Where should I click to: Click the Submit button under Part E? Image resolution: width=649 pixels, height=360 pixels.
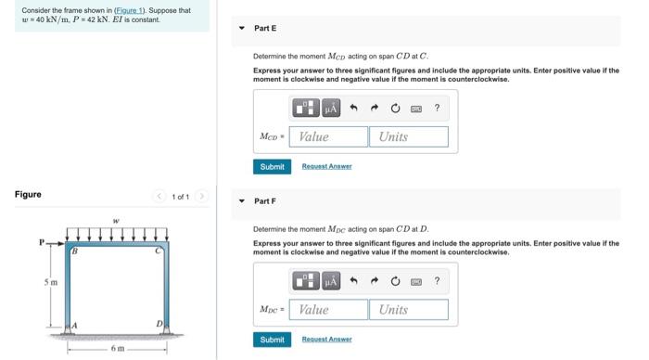(x=272, y=167)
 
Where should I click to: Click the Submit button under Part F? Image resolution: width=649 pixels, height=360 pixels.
(x=272, y=340)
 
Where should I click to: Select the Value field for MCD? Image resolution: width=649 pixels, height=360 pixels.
(x=328, y=136)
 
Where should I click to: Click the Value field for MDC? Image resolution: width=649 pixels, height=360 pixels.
(x=328, y=310)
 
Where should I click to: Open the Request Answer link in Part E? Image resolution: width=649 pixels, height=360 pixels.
(x=326, y=167)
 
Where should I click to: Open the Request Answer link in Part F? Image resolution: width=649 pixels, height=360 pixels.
(x=326, y=340)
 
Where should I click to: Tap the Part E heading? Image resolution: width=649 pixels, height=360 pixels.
(x=265, y=29)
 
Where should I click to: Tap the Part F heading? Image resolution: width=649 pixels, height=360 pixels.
(x=265, y=201)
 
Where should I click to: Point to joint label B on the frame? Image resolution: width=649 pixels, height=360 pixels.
(x=75, y=251)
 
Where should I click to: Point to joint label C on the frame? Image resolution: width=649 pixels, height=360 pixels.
(x=158, y=251)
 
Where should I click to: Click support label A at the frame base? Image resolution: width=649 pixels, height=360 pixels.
(x=74, y=324)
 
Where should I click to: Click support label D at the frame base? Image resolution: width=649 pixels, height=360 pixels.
(x=159, y=324)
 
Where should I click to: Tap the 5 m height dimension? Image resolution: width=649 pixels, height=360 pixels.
(x=53, y=282)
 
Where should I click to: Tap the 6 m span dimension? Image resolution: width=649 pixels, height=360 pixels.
(x=117, y=349)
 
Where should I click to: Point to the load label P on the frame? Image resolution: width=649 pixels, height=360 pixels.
(x=42, y=243)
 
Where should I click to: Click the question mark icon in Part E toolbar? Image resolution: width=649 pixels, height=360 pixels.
(x=437, y=109)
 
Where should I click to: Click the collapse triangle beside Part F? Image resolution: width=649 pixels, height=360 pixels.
(x=242, y=201)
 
